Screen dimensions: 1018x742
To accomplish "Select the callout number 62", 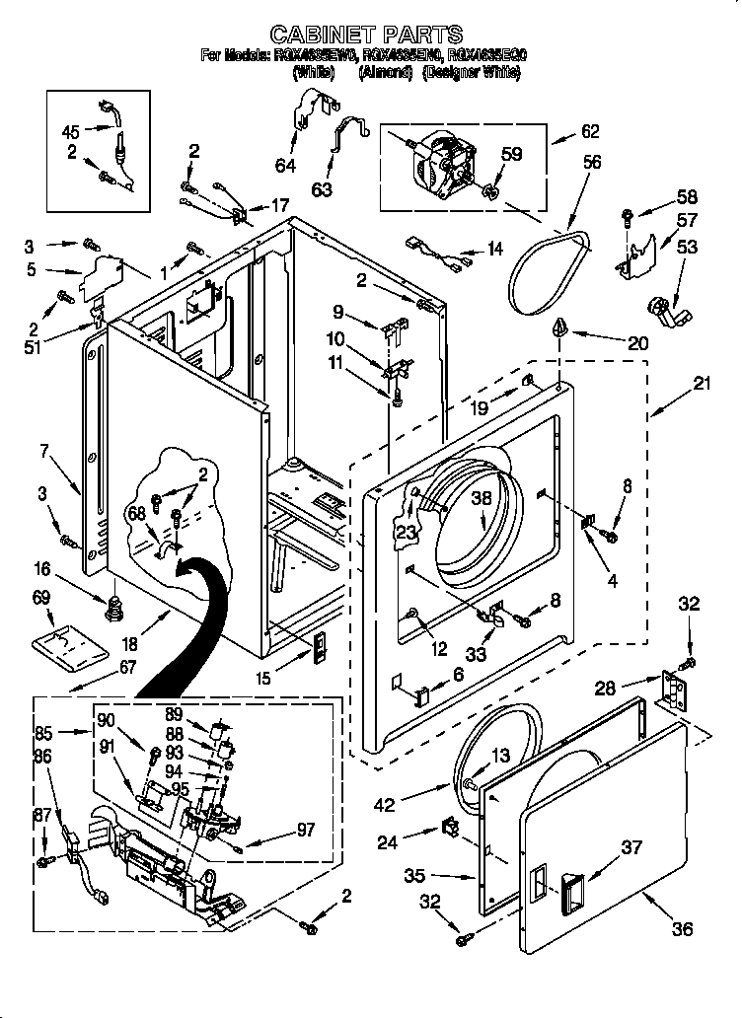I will click(590, 131).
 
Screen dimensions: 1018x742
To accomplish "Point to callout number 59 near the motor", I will click(511, 155).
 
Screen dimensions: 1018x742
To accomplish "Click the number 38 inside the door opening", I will click(480, 499).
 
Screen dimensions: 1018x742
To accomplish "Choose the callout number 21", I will click(702, 385).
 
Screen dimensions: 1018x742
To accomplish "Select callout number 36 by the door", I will click(682, 928).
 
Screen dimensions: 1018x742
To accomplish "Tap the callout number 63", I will click(321, 189).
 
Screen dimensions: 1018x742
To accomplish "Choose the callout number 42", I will click(384, 806).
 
